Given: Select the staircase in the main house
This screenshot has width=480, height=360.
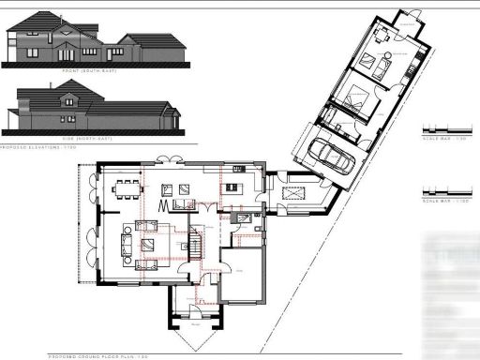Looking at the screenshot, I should (194, 243).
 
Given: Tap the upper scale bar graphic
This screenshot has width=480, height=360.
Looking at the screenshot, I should (444, 128).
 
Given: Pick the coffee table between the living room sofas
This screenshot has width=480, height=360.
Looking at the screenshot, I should (148, 245).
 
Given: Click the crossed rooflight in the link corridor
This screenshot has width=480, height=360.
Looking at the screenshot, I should (292, 192).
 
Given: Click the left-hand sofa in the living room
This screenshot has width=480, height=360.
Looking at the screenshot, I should (125, 245).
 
